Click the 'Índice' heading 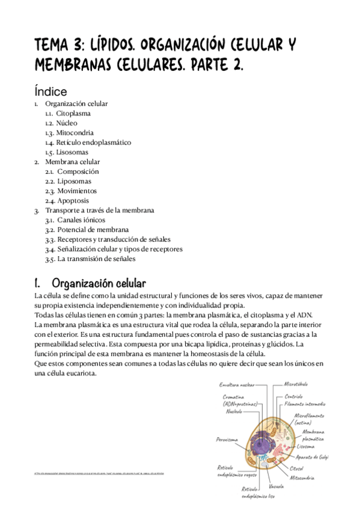tap(50, 91)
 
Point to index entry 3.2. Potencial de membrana tap(87, 230)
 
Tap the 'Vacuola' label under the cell tap(277, 485)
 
